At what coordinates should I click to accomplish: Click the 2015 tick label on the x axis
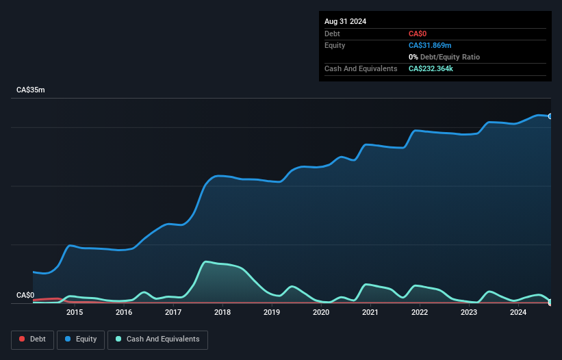[x=75, y=313]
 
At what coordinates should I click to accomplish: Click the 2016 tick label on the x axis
[x=124, y=313]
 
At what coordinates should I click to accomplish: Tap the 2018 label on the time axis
[x=222, y=313]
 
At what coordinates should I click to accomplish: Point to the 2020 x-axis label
[x=321, y=313]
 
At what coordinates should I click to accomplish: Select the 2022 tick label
[x=420, y=313]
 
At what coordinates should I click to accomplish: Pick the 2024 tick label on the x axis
[x=518, y=313]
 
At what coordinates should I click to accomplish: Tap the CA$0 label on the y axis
[x=25, y=295]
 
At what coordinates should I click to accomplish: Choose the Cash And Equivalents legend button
[x=157, y=339]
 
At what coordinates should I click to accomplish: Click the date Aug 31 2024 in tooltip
[x=345, y=21]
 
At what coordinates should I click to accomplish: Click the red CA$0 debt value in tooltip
[x=418, y=34]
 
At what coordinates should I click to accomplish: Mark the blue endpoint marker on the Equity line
[x=550, y=116]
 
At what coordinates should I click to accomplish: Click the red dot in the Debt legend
[x=23, y=339]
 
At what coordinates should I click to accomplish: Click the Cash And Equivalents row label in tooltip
[x=361, y=68]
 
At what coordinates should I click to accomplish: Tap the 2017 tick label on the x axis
[x=173, y=313]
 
